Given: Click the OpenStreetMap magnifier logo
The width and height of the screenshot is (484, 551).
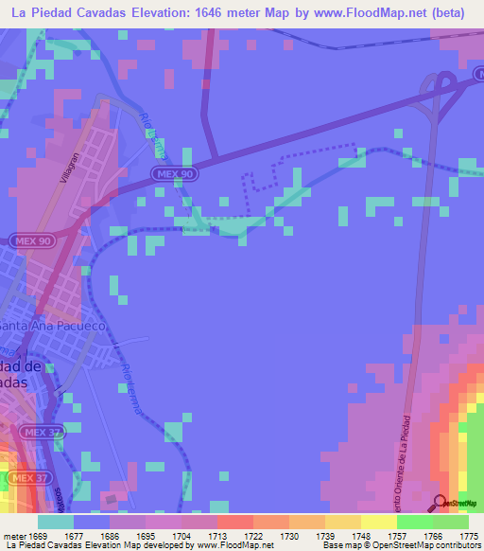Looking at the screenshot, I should (440, 504).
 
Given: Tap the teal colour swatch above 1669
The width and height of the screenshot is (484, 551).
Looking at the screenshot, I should (56, 522).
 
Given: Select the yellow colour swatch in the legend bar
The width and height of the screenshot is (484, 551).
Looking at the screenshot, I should (378, 522).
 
